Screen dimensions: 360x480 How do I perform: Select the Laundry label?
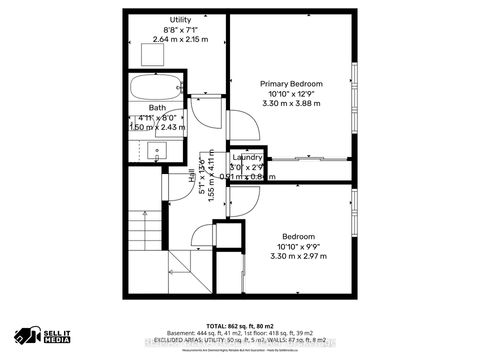tap(247, 158)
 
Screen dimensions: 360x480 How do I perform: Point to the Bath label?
tap(157, 107)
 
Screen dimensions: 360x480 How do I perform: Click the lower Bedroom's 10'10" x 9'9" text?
tap(297, 245)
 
